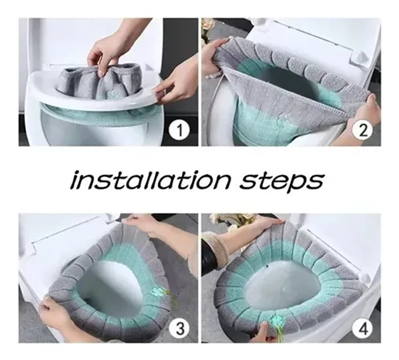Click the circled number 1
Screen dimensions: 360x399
180,131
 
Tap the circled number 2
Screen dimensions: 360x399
363,131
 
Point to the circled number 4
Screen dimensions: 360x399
363,330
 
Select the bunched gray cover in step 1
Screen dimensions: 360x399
100,81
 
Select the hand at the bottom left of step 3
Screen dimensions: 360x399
56,314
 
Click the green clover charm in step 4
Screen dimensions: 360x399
276,321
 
